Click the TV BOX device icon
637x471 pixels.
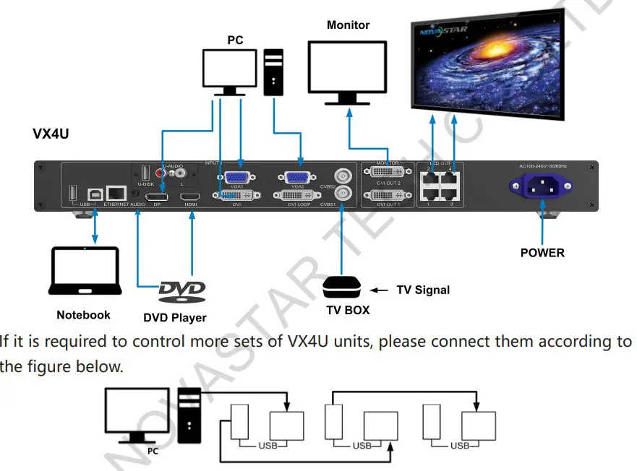(341, 287)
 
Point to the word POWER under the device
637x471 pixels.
(542, 253)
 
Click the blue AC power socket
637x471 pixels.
(542, 188)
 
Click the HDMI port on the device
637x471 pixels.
(192, 196)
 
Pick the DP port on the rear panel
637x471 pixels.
(157, 196)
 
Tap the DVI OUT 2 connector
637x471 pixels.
(388, 176)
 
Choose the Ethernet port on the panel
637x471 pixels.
(116, 193)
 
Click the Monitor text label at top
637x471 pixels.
(348, 25)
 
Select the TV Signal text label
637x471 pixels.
(423, 290)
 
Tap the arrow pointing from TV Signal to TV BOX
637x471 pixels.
(378, 290)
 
